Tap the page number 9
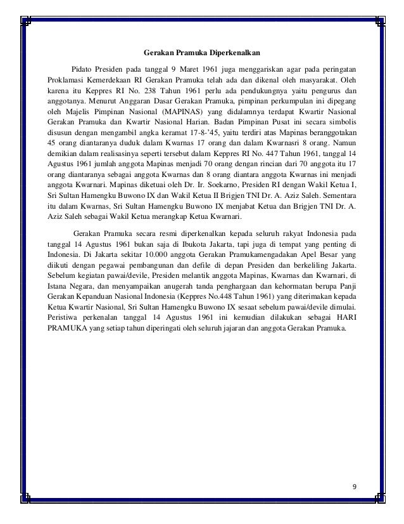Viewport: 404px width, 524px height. (354, 487)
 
